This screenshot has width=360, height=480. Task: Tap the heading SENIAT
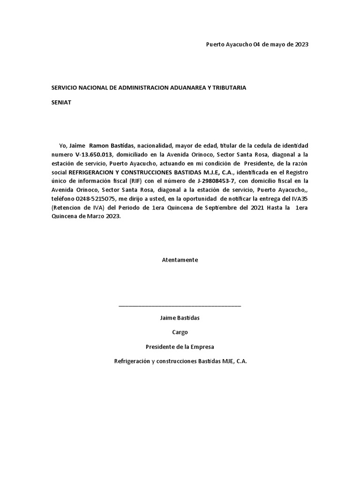pos(61,103)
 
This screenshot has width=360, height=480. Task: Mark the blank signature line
pos(180,305)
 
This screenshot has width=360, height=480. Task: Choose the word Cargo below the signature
pos(180,332)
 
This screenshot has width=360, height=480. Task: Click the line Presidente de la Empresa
pos(180,347)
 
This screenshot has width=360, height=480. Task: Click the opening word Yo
pos(63,145)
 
